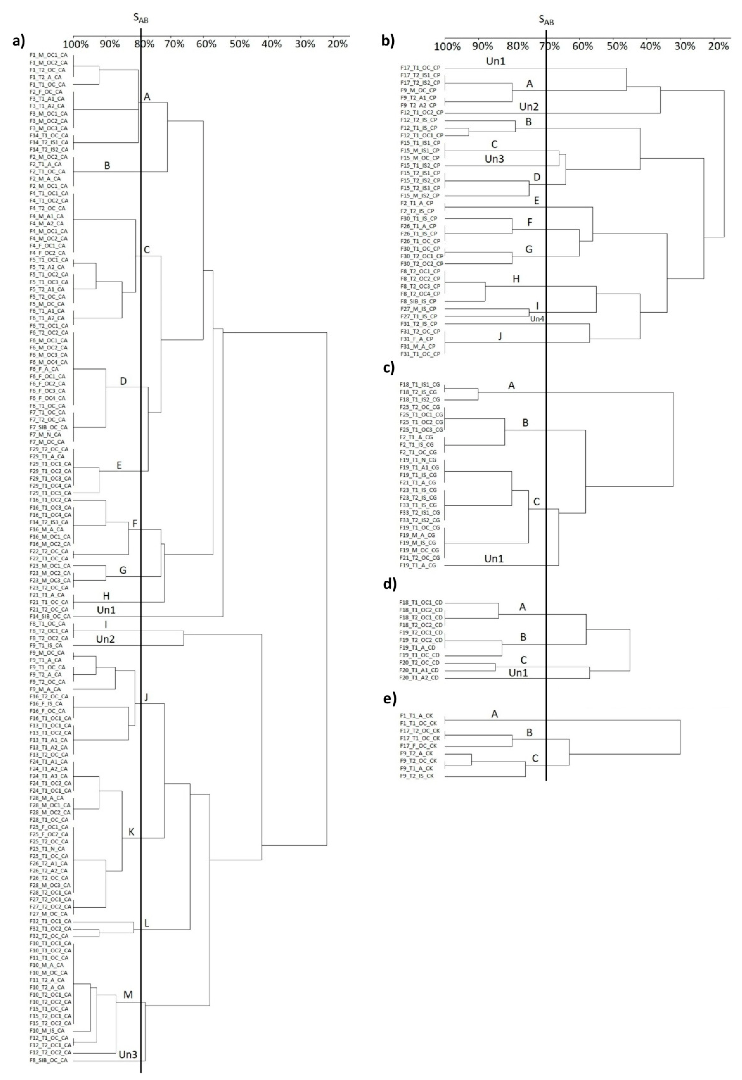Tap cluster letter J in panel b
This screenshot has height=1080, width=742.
(x=500, y=336)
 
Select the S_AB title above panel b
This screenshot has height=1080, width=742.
(x=546, y=20)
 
